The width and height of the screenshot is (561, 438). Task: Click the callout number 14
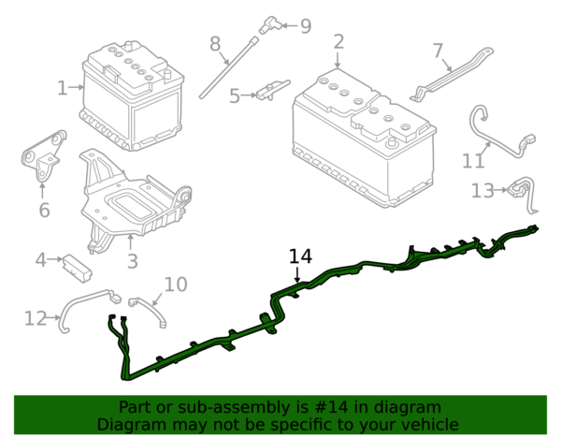(300, 256)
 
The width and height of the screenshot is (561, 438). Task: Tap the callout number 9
(306, 26)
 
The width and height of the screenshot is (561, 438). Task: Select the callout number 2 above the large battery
(338, 42)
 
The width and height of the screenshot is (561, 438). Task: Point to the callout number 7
(439, 51)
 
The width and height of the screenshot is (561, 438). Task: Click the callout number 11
(473, 161)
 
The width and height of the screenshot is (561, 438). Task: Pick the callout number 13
(482, 191)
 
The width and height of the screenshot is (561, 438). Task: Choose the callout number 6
(44, 210)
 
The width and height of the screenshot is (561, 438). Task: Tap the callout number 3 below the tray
(133, 261)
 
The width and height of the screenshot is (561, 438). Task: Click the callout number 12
(36, 318)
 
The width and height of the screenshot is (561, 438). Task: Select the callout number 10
(176, 285)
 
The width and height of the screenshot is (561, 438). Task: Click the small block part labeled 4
(78, 269)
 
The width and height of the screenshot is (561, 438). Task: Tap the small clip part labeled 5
(273, 90)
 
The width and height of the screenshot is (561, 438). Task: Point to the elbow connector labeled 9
(269, 25)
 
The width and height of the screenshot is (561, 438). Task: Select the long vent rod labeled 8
(229, 67)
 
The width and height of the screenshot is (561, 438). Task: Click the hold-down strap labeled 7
(452, 75)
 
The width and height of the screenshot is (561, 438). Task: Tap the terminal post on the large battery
(392, 142)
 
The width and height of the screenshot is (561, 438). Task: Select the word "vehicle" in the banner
(430, 425)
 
